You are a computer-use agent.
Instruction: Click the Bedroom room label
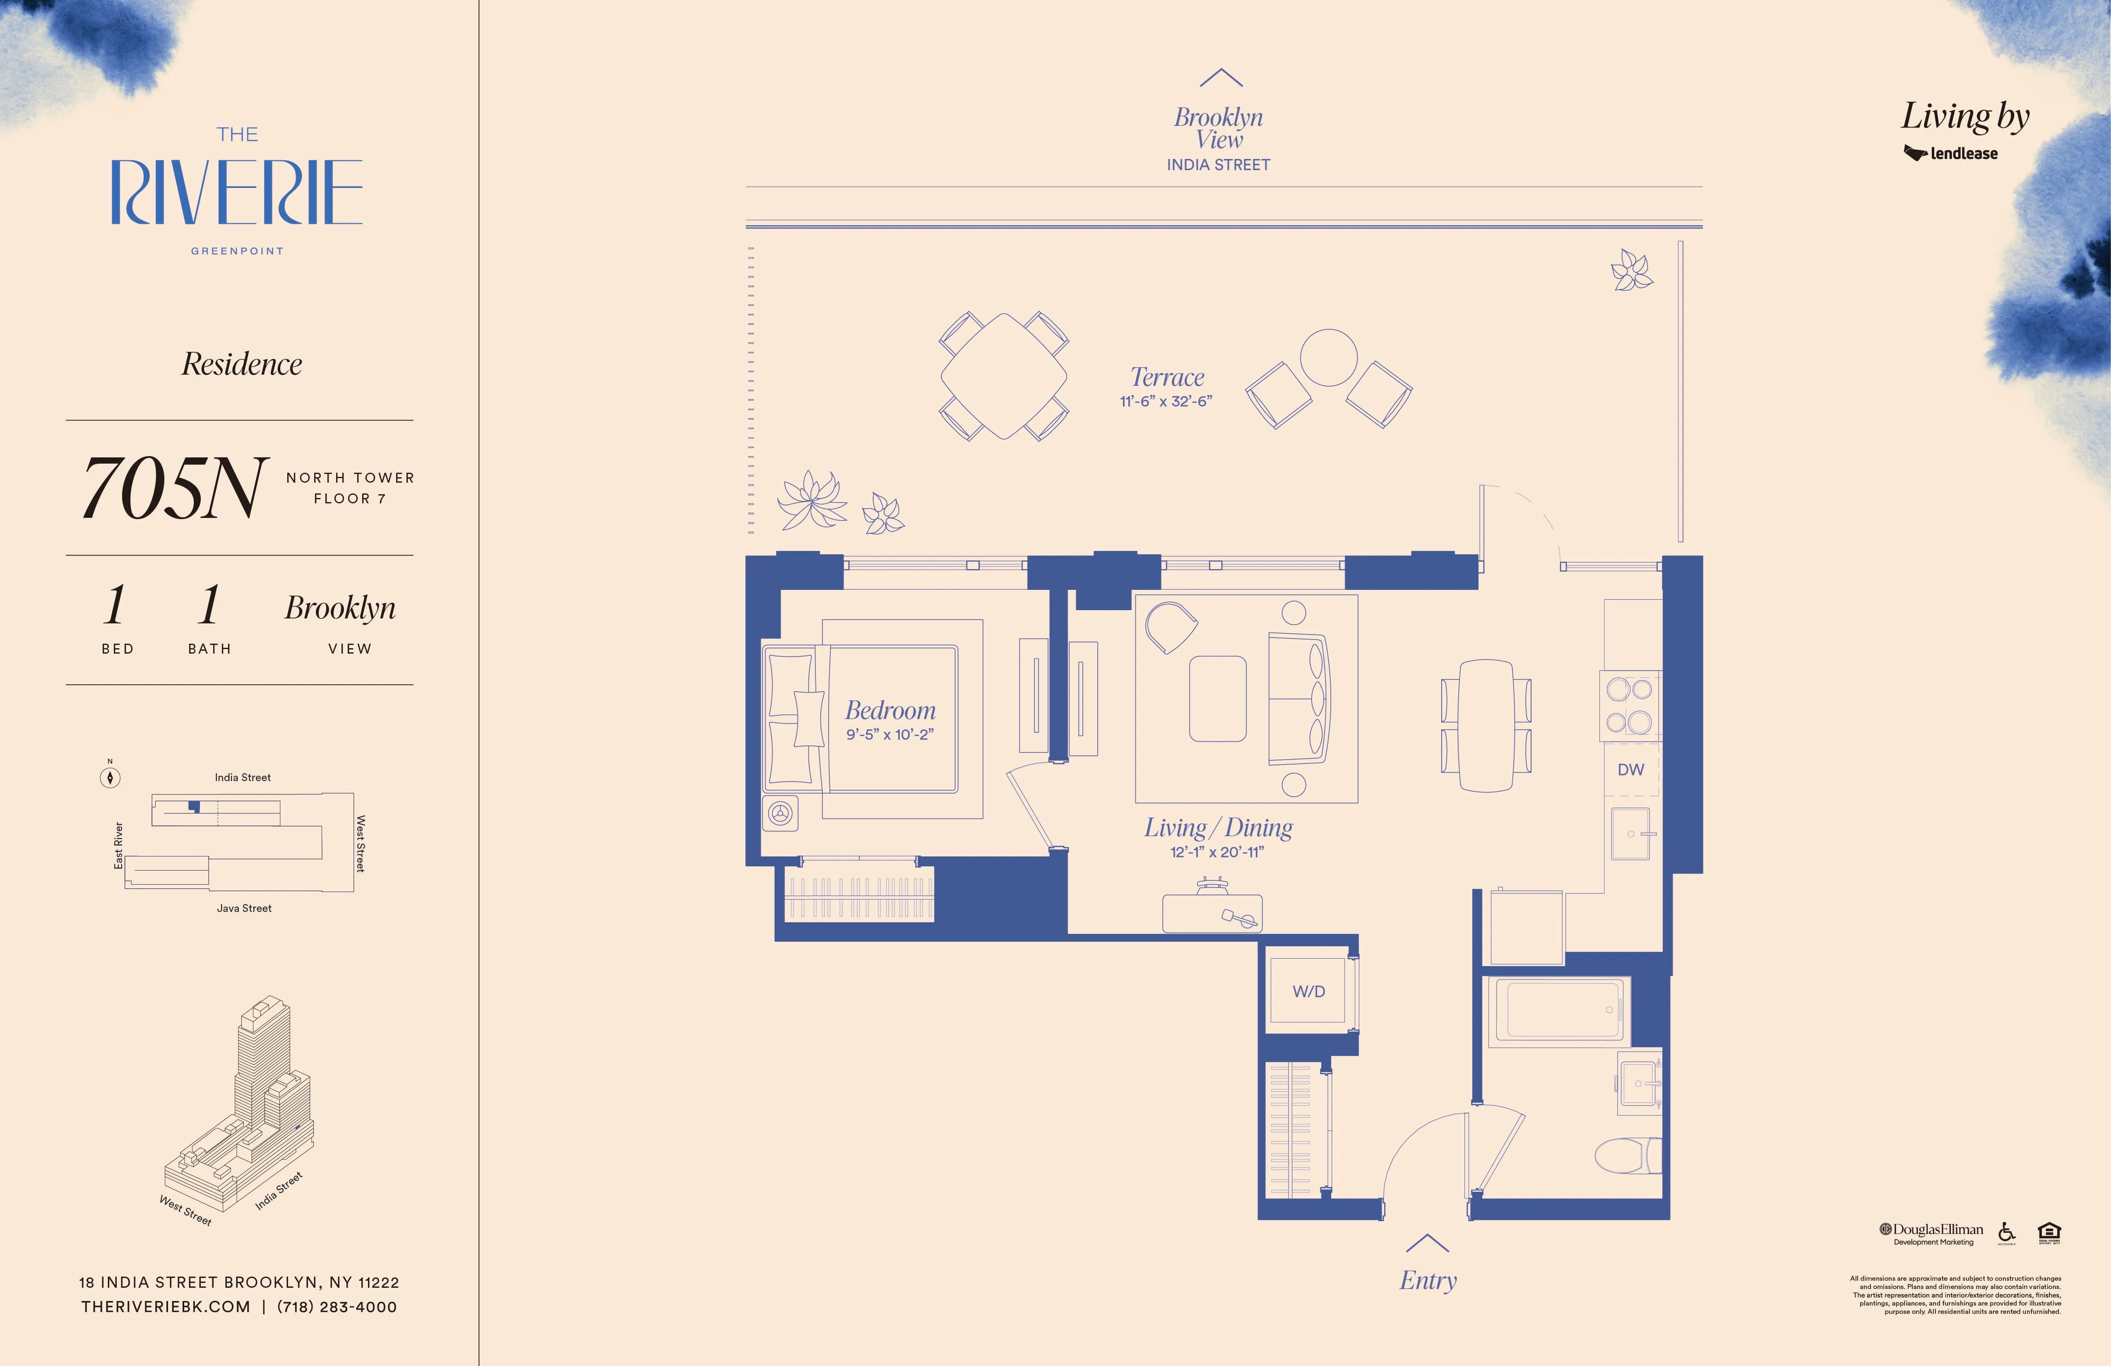pos(890,710)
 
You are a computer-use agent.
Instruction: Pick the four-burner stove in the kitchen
pos(1629,706)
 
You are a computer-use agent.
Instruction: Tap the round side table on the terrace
pos(1328,358)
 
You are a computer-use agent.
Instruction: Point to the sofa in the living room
pos(1298,698)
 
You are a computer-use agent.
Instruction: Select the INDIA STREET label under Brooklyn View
pos(1218,165)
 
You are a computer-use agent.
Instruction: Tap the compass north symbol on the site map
pos(110,777)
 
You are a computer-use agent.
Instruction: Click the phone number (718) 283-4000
pos(337,1306)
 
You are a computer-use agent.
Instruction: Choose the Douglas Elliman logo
pos(1932,1232)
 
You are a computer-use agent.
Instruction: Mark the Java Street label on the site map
pos(244,908)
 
